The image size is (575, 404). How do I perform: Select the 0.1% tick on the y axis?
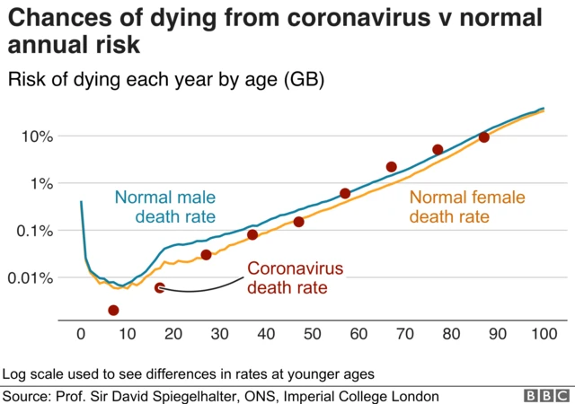(33, 231)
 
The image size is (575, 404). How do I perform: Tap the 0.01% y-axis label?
(30, 278)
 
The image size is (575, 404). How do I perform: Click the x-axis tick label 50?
(313, 335)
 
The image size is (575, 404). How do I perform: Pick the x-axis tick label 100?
(544, 335)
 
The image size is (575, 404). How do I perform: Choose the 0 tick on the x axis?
(81, 335)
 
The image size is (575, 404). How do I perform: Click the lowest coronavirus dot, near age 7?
(113, 311)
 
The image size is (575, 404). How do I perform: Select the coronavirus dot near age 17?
(160, 288)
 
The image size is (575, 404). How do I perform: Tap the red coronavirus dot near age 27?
(206, 255)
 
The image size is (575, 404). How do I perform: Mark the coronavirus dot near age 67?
(392, 167)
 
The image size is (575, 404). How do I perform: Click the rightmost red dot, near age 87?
(484, 137)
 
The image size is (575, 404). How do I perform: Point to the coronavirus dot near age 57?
(345, 194)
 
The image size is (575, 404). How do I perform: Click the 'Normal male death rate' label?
(165, 206)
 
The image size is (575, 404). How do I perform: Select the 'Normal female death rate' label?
(467, 207)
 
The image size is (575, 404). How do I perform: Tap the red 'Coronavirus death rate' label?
(288, 278)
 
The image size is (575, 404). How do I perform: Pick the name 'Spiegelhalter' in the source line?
(237, 396)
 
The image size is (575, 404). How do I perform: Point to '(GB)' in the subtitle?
(304, 80)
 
